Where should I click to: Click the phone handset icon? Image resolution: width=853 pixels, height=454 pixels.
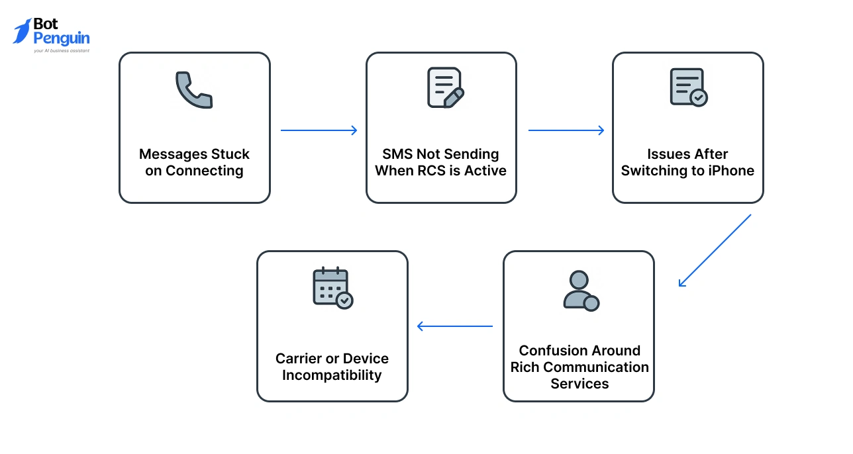click(194, 90)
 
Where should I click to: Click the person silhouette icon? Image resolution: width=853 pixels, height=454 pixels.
click(580, 291)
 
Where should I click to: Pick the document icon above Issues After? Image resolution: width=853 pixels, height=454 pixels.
click(688, 87)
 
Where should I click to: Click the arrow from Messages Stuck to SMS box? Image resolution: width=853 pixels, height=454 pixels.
click(319, 130)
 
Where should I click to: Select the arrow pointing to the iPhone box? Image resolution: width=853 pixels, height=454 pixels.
click(566, 130)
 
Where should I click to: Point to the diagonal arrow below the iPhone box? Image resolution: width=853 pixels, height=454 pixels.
click(715, 250)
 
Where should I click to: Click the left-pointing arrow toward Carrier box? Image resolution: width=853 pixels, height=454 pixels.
click(455, 326)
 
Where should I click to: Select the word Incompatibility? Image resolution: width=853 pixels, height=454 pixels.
click(332, 375)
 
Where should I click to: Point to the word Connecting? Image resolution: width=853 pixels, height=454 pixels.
click(204, 171)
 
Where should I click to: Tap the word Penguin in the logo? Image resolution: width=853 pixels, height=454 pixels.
click(61, 38)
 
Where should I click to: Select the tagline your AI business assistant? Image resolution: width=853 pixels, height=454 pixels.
click(61, 50)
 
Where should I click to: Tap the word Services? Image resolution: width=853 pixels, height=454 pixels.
click(579, 384)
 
